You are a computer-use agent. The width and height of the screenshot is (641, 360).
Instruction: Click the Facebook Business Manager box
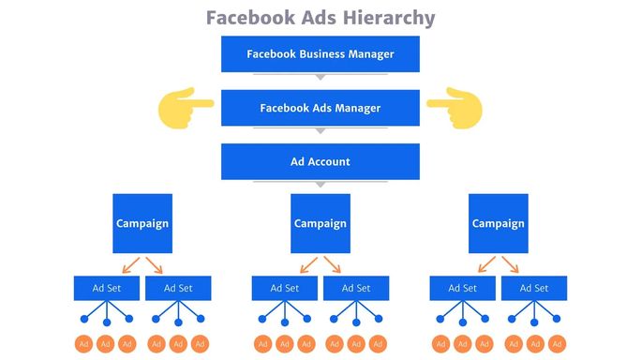(x=320, y=53)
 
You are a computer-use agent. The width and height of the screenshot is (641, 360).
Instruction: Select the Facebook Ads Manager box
(x=320, y=108)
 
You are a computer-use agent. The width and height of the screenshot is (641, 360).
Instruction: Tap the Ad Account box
(x=320, y=161)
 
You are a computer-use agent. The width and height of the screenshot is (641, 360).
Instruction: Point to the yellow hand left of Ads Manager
(x=186, y=107)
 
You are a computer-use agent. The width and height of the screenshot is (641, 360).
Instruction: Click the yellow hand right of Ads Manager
(x=454, y=107)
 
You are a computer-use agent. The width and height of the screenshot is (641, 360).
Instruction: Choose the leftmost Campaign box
(x=142, y=223)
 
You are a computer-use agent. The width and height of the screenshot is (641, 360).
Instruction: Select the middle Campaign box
(x=320, y=223)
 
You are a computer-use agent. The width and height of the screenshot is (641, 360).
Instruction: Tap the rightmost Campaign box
(x=498, y=223)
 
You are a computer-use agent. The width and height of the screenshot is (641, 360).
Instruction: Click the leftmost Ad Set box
(x=107, y=288)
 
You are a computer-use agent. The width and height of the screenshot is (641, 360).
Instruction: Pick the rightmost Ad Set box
(x=533, y=288)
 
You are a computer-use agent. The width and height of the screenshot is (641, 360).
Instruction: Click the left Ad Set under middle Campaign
(x=285, y=288)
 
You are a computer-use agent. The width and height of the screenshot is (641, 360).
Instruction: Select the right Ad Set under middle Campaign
(x=355, y=288)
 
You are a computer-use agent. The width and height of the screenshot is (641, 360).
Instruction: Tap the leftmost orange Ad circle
(x=84, y=343)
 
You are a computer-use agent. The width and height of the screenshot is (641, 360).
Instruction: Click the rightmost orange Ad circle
(x=557, y=343)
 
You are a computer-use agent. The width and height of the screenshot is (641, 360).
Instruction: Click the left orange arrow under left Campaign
(x=130, y=264)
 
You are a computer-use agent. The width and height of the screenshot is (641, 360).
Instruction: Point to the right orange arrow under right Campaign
(x=510, y=264)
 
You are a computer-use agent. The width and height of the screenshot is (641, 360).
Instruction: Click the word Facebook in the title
(x=246, y=18)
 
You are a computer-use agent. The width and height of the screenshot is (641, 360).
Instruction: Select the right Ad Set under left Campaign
(x=178, y=288)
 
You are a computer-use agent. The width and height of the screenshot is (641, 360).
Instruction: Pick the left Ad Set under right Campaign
(x=462, y=288)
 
